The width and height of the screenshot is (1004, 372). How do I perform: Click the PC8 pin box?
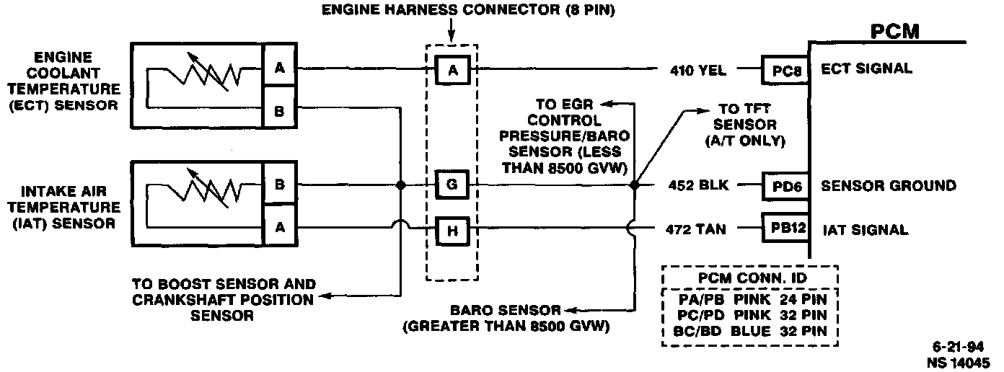(x=785, y=71)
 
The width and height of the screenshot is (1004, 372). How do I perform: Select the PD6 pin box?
(x=785, y=186)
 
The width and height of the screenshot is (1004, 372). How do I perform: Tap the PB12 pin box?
(x=785, y=229)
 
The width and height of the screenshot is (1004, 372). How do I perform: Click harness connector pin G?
(x=452, y=185)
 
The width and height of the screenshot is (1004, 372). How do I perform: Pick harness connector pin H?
(x=452, y=230)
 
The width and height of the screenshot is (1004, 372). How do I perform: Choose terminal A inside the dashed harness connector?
(x=452, y=70)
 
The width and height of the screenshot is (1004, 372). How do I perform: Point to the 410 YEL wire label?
(x=697, y=71)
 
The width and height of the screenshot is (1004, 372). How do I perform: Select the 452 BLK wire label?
(x=697, y=186)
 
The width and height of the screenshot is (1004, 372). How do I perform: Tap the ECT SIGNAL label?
(x=866, y=69)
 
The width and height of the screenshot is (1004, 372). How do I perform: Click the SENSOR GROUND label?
(x=889, y=186)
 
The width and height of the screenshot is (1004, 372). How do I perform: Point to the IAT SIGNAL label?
(x=865, y=230)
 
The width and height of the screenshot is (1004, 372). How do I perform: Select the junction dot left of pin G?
(x=401, y=185)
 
